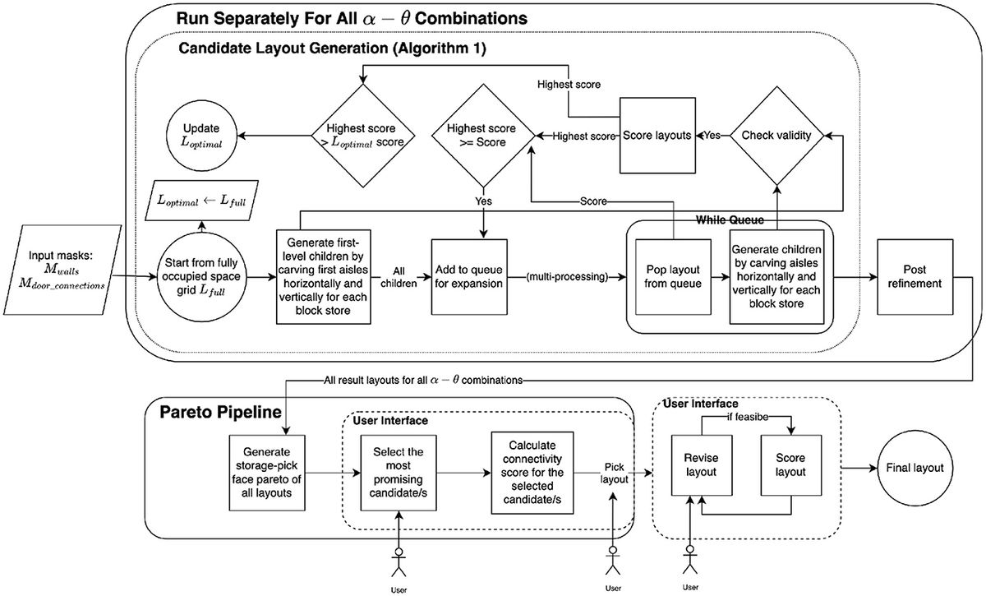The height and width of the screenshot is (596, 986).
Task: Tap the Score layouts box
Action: (655, 135)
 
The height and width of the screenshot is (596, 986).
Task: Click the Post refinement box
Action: (908, 278)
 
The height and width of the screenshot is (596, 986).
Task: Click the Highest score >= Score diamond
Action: (481, 135)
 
